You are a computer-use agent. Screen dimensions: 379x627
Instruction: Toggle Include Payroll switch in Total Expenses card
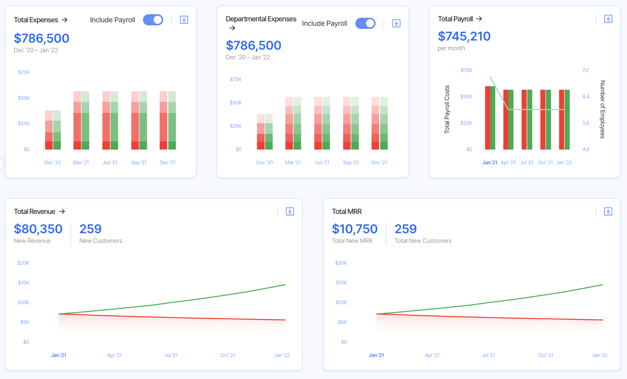(153, 20)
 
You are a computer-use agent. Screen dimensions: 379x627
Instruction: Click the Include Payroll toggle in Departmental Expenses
(365, 24)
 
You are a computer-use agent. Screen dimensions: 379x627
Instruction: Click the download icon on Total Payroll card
(608, 19)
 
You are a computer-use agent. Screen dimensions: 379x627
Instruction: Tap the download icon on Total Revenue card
(290, 211)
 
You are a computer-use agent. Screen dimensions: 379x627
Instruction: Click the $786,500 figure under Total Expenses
(41, 38)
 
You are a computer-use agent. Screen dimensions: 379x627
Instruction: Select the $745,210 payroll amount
(464, 36)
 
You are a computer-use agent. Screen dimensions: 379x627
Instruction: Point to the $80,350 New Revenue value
(38, 229)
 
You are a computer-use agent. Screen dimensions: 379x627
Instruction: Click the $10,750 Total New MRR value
(354, 229)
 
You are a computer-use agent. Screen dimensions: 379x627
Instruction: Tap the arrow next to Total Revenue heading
(62, 211)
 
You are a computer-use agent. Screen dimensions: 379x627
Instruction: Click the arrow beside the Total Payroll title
(479, 19)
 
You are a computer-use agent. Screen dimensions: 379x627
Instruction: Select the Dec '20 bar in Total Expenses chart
(53, 130)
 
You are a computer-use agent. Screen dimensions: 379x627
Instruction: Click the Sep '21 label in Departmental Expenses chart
(350, 163)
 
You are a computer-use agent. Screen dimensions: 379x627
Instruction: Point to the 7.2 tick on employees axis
(585, 70)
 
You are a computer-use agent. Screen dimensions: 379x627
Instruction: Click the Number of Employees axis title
(602, 109)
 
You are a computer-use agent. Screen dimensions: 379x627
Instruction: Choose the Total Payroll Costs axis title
(447, 109)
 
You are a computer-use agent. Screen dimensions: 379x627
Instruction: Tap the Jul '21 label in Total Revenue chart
(171, 355)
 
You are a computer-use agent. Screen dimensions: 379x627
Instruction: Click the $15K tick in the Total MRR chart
(341, 283)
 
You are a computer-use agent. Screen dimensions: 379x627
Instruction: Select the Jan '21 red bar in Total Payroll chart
(487, 118)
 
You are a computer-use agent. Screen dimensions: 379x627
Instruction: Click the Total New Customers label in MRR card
(423, 241)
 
